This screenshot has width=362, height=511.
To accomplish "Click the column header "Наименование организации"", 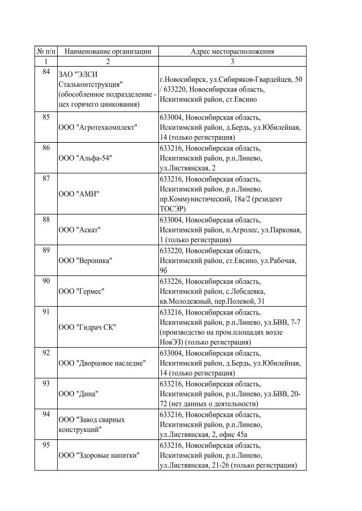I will [107, 51].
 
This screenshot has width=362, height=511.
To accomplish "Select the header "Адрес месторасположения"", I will [232, 51].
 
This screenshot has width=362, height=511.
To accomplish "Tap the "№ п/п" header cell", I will [45, 51].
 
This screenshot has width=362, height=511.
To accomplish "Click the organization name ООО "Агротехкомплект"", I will [98, 128].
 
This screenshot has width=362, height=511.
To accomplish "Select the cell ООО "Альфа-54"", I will [85, 158].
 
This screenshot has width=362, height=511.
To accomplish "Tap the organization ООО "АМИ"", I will [79, 194].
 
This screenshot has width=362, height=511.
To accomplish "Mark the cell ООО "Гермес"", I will [83, 291].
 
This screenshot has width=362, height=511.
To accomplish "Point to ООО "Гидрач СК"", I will [87, 327].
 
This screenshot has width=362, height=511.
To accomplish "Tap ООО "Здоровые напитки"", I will [99, 455].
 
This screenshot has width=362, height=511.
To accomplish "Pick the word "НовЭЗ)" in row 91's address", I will [174, 342].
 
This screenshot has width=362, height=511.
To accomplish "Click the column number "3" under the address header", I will [232, 61].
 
